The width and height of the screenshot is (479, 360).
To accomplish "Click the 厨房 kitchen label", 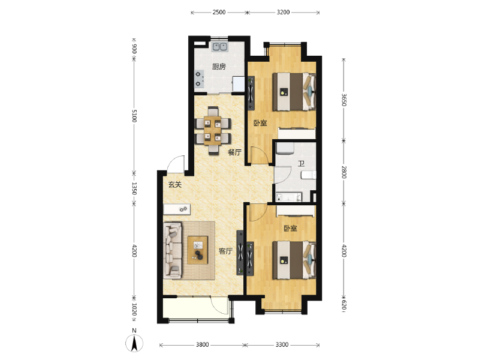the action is coord(219,67).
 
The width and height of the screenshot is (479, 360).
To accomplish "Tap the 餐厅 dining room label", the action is coord(234,152).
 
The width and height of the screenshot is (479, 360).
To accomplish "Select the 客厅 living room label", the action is coord(225,251).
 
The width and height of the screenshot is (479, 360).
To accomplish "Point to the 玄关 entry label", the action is coord(175,185).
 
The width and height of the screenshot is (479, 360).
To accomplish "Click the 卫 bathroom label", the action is coord(301,164).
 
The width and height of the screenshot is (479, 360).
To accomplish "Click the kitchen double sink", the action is coord(220,47).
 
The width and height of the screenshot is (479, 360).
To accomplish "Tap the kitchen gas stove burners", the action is coord(199,79).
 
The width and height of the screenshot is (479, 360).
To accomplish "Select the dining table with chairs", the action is coord(213,131).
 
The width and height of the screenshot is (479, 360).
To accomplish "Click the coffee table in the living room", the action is coord(197,250).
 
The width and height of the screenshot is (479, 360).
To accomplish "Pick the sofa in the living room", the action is coord(172,251).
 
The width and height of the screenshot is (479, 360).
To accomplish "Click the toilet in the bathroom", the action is coord(308,175).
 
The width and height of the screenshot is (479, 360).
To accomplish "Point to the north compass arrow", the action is coord(134,343).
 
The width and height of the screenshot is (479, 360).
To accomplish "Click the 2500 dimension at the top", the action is coord(219,12).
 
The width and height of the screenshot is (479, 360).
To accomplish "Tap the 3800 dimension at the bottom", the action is coord(202,345).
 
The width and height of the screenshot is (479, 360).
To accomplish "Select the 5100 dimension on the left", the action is coord(134,116).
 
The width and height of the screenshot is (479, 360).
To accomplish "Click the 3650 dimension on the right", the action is coord(344,100).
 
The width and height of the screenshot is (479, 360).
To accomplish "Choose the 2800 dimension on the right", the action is coord(344,172).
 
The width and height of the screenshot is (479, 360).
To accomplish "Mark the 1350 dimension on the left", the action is coord(134,188).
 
